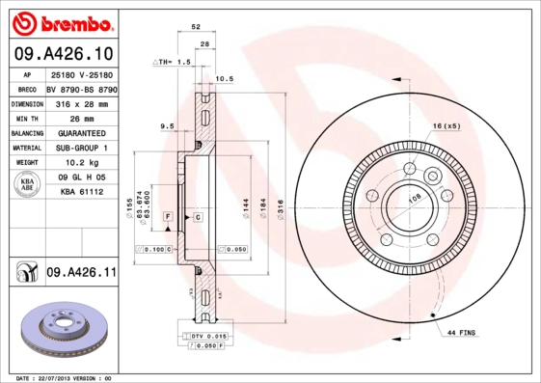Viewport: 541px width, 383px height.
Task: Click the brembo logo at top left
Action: [x=67, y=22]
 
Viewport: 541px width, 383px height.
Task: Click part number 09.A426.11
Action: [x=81, y=273]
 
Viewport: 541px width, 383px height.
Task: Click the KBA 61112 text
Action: [x=80, y=193]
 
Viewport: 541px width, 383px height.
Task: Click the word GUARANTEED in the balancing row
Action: [x=81, y=132]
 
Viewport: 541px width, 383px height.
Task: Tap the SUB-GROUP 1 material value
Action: [x=81, y=148]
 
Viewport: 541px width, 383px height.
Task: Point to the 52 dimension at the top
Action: [x=197, y=29]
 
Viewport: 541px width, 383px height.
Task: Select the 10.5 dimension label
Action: [x=224, y=78]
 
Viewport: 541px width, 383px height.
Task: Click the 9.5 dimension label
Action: [x=166, y=125]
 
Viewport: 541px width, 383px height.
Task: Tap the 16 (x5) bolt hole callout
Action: [x=446, y=126]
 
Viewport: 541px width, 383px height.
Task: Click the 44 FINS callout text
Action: [x=462, y=333]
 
